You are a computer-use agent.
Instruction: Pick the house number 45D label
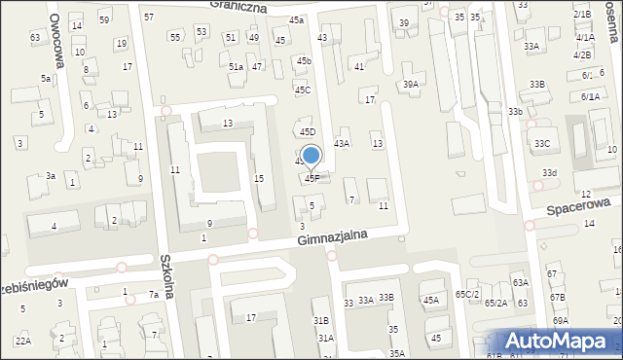click(x=308, y=131)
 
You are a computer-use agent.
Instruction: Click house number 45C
click(x=303, y=90)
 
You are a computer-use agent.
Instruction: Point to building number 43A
click(x=342, y=143)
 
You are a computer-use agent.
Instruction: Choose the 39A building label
click(x=411, y=85)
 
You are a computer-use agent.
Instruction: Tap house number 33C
click(x=541, y=144)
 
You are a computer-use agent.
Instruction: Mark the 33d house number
click(x=550, y=173)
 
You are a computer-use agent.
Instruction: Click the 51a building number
click(x=236, y=67)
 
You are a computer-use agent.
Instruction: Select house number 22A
click(x=22, y=341)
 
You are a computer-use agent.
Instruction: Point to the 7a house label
click(x=153, y=295)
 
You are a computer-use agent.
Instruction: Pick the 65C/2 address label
click(x=467, y=294)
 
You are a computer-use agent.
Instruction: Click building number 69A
click(x=560, y=320)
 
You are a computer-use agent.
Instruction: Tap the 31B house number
click(x=320, y=320)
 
